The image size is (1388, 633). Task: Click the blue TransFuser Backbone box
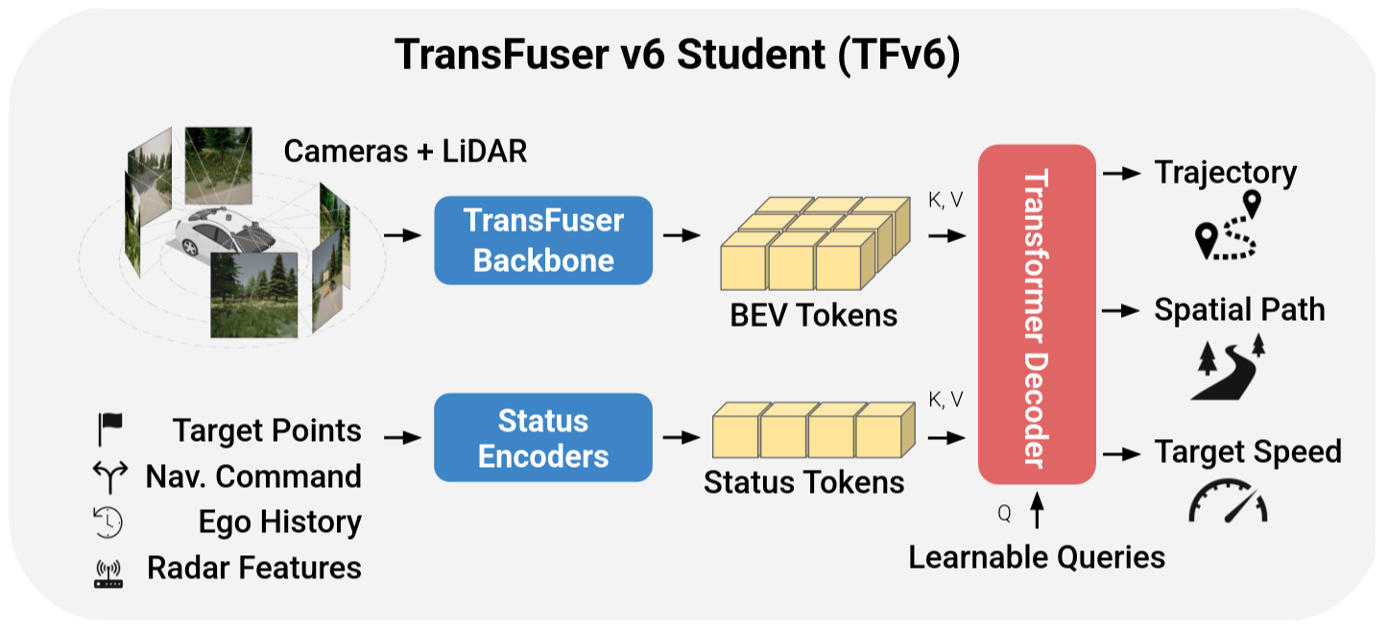(x=543, y=240)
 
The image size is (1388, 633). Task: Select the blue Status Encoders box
(x=543, y=437)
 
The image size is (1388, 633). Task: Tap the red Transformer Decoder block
(x=1037, y=314)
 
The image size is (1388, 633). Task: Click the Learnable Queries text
(x=1037, y=556)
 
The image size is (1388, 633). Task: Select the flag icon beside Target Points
(x=108, y=429)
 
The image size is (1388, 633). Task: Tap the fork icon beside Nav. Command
(x=108, y=475)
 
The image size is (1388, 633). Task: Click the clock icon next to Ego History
(x=108, y=522)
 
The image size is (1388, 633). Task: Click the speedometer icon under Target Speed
(x=1228, y=501)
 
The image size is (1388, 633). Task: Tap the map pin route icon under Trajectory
(x=1228, y=229)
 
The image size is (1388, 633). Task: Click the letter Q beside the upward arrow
(x=1004, y=513)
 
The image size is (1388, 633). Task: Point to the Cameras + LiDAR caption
(x=405, y=151)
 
